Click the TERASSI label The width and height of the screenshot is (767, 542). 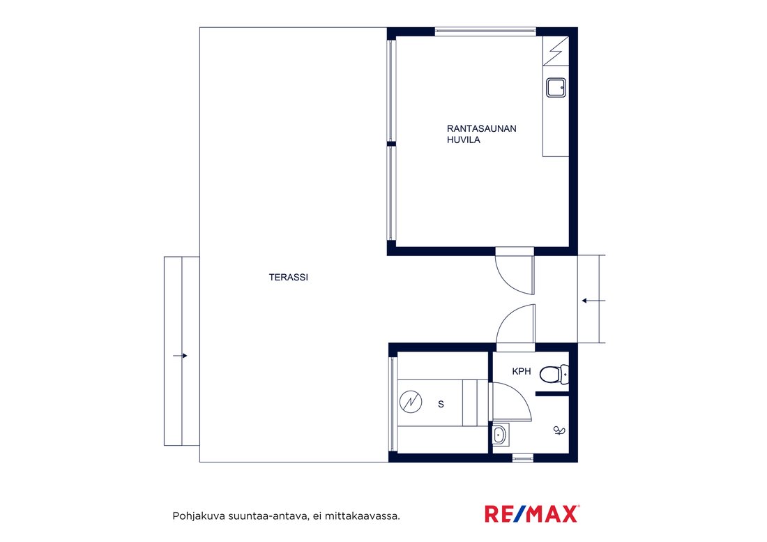[x=288, y=278]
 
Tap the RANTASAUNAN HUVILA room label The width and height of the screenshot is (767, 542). [x=481, y=134]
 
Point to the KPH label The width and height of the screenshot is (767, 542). [x=522, y=371]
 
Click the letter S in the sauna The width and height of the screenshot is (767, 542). [x=441, y=404]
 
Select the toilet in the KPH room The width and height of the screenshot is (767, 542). [x=554, y=374]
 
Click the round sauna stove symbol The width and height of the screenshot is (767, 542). [x=411, y=402]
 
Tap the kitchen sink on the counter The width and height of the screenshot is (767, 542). [x=556, y=88]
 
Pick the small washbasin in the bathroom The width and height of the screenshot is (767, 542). [x=499, y=434]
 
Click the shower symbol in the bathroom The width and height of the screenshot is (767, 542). [x=559, y=430]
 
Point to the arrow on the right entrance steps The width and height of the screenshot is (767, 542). [x=594, y=301]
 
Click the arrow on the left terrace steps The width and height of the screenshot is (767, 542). [x=180, y=356]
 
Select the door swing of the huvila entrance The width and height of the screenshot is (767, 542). [x=515, y=275]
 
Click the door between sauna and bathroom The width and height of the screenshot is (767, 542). [x=511, y=402]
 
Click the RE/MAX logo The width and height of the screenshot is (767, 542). [x=532, y=513]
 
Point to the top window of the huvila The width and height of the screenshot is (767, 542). [x=485, y=32]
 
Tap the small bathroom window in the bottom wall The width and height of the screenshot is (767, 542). [x=522, y=458]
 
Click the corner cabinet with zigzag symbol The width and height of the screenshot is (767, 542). [x=556, y=51]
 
